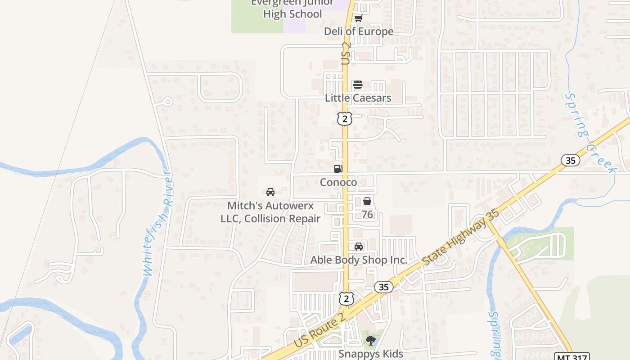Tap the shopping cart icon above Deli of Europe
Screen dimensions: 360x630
pyautogui.click(x=358, y=18)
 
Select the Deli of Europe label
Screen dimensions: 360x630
pyautogui.click(x=359, y=31)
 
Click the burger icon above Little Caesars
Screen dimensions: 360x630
pyautogui.click(x=358, y=85)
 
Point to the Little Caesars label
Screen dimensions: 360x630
pyautogui.click(x=358, y=98)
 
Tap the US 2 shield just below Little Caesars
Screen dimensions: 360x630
pyautogui.click(x=344, y=119)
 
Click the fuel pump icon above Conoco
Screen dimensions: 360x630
pyautogui.click(x=338, y=169)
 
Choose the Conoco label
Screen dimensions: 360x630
pyautogui.click(x=338, y=182)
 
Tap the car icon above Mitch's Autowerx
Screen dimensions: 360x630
pyautogui.click(x=270, y=192)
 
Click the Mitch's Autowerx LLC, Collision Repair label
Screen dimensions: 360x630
pyautogui.click(x=270, y=212)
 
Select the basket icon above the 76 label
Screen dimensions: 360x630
pyautogui.click(x=367, y=201)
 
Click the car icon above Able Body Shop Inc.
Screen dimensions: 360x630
pyautogui.click(x=359, y=247)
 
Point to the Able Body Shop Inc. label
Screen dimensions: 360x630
pyautogui.click(x=359, y=260)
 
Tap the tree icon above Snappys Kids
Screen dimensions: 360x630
pyautogui.click(x=370, y=340)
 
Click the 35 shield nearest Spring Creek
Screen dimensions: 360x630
pyautogui.click(x=570, y=160)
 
